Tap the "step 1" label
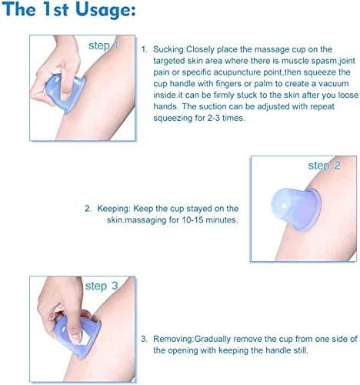pos(103,45)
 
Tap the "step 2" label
pos(325,166)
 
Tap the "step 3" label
pos(102,286)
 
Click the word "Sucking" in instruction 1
pos(168,49)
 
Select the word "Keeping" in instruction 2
pos(114,209)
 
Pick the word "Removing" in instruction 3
pos(173,339)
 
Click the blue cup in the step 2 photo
pos(296,209)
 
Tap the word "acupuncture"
pos(234,72)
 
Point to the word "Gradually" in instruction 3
pos(213,340)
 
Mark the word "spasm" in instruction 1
pos(324,61)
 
